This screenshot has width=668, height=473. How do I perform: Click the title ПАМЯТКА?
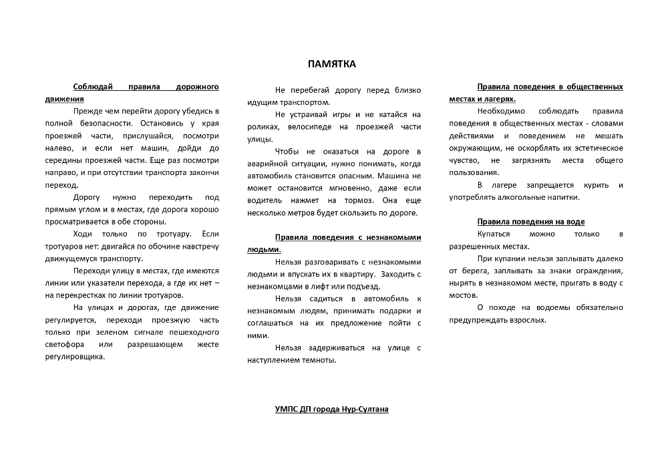pos(332,64)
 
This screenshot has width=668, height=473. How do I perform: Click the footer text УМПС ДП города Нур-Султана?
pos(332,409)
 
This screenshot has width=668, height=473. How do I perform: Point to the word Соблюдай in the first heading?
pos(94,87)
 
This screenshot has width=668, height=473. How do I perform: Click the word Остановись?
pos(156,124)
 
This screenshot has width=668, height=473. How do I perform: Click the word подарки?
pos(398,311)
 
